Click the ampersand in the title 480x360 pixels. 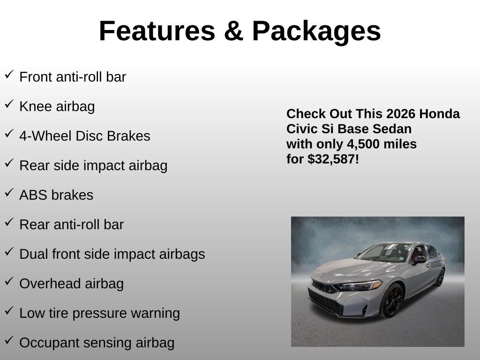[233, 31]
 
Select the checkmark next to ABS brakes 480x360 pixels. [9, 192]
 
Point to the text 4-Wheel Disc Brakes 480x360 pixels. [85, 136]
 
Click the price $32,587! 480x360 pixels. [333, 159]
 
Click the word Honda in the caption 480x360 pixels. [439, 114]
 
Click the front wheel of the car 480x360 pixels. [392, 300]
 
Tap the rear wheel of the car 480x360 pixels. [440, 277]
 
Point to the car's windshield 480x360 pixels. [386, 252]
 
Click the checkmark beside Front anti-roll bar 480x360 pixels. [9, 74]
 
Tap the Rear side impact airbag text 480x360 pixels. [93, 165]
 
